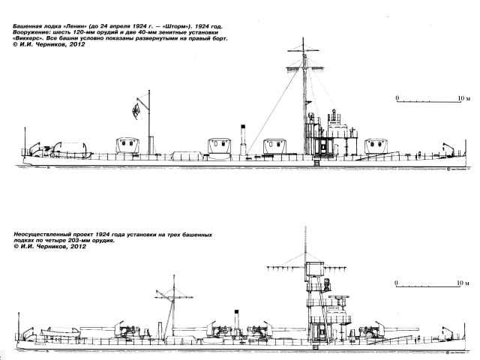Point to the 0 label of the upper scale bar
397,97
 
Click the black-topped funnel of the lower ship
236,317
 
